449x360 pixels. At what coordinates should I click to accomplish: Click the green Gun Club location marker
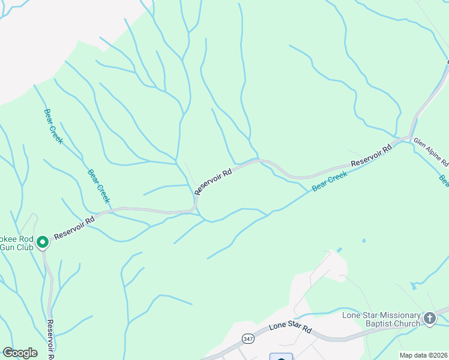(43, 242)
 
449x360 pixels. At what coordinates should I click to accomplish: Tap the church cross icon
(430, 319)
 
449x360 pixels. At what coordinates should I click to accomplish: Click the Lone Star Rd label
(291, 328)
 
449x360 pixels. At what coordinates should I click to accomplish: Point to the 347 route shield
(247, 339)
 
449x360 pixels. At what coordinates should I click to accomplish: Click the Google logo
(20, 353)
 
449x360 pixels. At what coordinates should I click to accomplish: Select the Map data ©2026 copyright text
(423, 355)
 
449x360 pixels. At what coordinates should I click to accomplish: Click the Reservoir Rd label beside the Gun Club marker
(74, 229)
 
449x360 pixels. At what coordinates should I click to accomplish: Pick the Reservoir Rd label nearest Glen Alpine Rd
(371, 155)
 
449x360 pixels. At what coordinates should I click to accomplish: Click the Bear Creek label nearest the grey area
(53, 126)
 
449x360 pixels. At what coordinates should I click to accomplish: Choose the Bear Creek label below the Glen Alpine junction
(330, 182)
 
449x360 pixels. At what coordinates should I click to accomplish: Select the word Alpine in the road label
(433, 152)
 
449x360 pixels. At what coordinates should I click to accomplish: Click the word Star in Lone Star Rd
(294, 327)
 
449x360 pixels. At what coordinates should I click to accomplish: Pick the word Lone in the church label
(352, 315)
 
